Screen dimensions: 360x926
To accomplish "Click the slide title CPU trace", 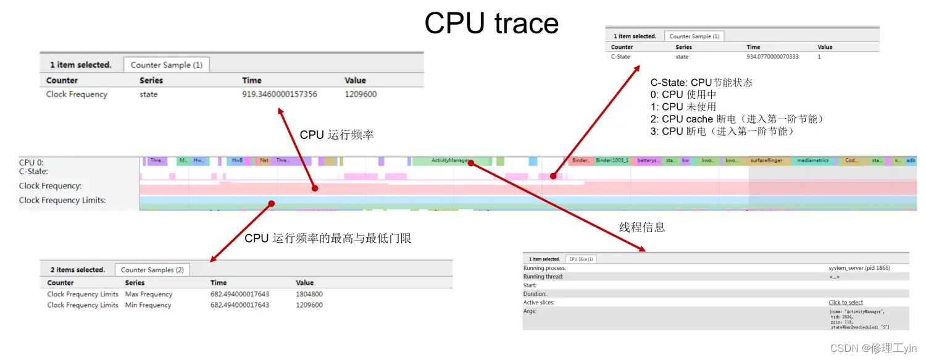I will [491, 23].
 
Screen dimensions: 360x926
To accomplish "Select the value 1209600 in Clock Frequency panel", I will [361, 94].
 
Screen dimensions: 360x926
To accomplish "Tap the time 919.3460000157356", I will [280, 94].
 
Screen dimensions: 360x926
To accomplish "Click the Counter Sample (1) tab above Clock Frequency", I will [166, 65].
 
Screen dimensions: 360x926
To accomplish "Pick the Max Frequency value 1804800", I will [309, 295].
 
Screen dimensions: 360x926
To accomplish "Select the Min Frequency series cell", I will [149, 305].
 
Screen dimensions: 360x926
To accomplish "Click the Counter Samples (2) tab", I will [152, 270].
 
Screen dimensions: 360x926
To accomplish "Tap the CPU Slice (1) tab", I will [581, 259].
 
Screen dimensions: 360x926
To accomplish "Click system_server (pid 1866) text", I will [859, 268].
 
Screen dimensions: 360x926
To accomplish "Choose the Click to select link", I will [846, 303].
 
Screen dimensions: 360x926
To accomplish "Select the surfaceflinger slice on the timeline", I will [766, 161].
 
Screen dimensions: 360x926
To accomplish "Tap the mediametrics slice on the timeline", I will [812, 161].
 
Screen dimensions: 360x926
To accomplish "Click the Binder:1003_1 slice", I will [612, 161].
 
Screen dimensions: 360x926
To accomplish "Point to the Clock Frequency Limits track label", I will [62, 200].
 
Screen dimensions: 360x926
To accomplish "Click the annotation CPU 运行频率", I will [336, 135].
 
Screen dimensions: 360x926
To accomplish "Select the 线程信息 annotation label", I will [642, 227].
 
